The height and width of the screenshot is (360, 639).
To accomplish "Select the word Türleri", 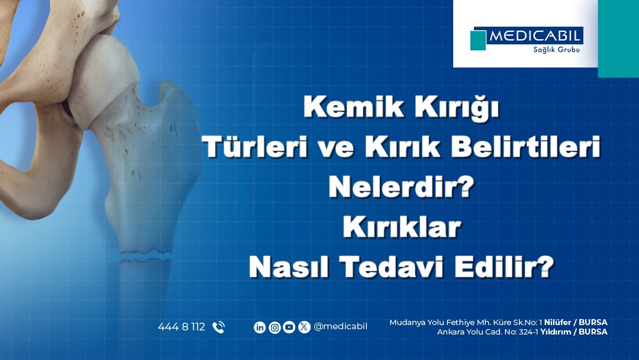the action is tap(255, 146).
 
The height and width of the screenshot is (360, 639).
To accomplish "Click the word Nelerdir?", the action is tap(401, 187).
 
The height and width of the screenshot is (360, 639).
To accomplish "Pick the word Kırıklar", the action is tap(401, 227).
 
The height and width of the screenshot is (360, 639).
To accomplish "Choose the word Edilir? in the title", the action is tap(504, 267).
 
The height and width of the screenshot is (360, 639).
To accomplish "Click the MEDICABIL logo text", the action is tap(534, 36).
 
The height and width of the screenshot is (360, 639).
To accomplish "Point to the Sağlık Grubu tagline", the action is tap(556, 50).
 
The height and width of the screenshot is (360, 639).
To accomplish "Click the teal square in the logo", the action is tap(478, 40).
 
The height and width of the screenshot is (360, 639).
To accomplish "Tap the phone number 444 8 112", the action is tap(182, 327).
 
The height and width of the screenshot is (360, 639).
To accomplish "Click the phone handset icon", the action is tap(218, 327).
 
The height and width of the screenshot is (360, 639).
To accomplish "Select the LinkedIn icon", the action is tap(260, 327).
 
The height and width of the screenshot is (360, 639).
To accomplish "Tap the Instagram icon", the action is tap(275, 327).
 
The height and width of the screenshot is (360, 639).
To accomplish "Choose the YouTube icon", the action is tap(289, 327).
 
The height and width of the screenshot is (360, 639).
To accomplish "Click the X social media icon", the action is tap(304, 327).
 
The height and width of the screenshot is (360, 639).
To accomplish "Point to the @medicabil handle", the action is tap(340, 327).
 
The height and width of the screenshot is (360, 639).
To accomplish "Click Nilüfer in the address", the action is tap(557, 322).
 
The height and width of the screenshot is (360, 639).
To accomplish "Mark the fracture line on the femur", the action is tap(146, 256).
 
